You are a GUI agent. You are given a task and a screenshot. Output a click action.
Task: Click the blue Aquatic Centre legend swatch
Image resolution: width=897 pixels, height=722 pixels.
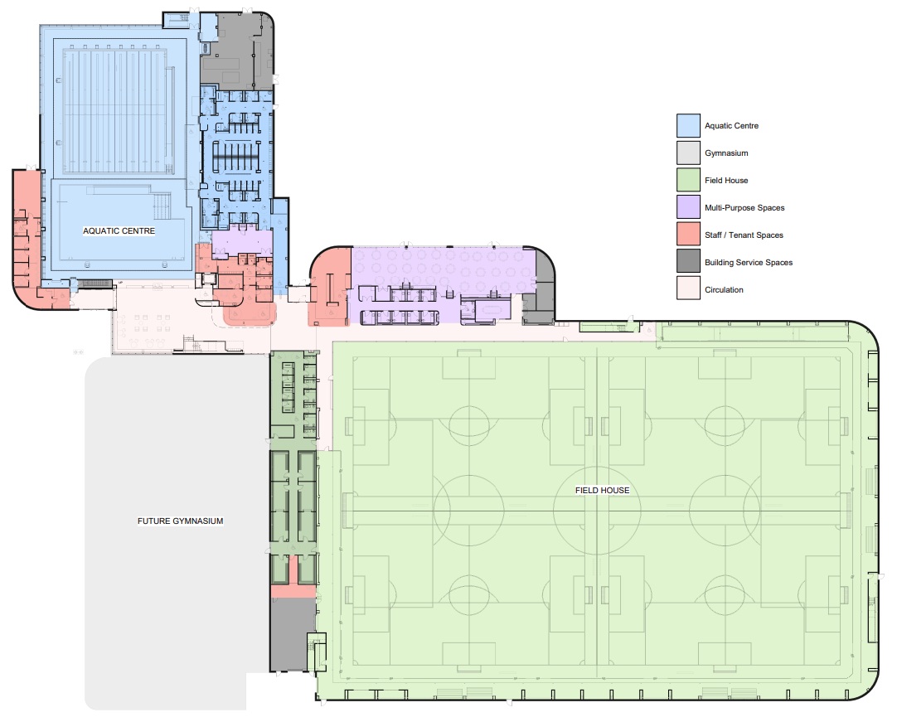click(x=688, y=126)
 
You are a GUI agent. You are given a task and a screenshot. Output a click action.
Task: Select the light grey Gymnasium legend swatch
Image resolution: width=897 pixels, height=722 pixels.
click(x=688, y=153)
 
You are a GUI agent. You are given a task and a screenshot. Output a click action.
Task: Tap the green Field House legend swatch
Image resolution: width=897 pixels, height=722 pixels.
click(x=688, y=180)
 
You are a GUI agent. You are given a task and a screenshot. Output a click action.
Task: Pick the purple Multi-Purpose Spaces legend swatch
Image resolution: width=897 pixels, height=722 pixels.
click(x=688, y=207)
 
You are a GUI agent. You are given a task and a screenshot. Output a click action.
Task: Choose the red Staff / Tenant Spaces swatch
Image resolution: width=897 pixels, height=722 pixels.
click(x=688, y=235)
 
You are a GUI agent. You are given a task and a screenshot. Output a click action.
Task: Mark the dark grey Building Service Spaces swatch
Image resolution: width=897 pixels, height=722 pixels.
click(x=688, y=261)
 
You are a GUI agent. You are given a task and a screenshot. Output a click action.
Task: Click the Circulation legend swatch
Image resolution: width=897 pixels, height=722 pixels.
click(x=688, y=288)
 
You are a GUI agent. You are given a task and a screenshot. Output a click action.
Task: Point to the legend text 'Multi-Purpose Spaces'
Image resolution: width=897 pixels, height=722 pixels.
click(x=744, y=208)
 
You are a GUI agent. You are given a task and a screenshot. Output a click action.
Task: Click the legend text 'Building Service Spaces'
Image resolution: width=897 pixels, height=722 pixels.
click(x=749, y=263)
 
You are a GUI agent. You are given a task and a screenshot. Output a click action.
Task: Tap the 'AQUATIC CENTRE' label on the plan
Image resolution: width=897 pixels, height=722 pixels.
click(x=119, y=231)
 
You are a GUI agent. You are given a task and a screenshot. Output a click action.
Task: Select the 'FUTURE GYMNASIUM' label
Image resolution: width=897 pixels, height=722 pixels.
click(x=180, y=521)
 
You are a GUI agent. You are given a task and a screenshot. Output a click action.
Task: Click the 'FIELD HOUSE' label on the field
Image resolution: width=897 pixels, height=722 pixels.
click(x=603, y=490)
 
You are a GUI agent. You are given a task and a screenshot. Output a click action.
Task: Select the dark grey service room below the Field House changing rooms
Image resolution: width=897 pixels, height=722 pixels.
click(x=293, y=635)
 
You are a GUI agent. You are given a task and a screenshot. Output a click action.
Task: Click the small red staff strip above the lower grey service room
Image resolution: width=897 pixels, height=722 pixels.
click(x=293, y=591)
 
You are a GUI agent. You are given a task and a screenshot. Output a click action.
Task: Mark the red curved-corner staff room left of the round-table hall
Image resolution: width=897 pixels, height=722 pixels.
click(x=330, y=286)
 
